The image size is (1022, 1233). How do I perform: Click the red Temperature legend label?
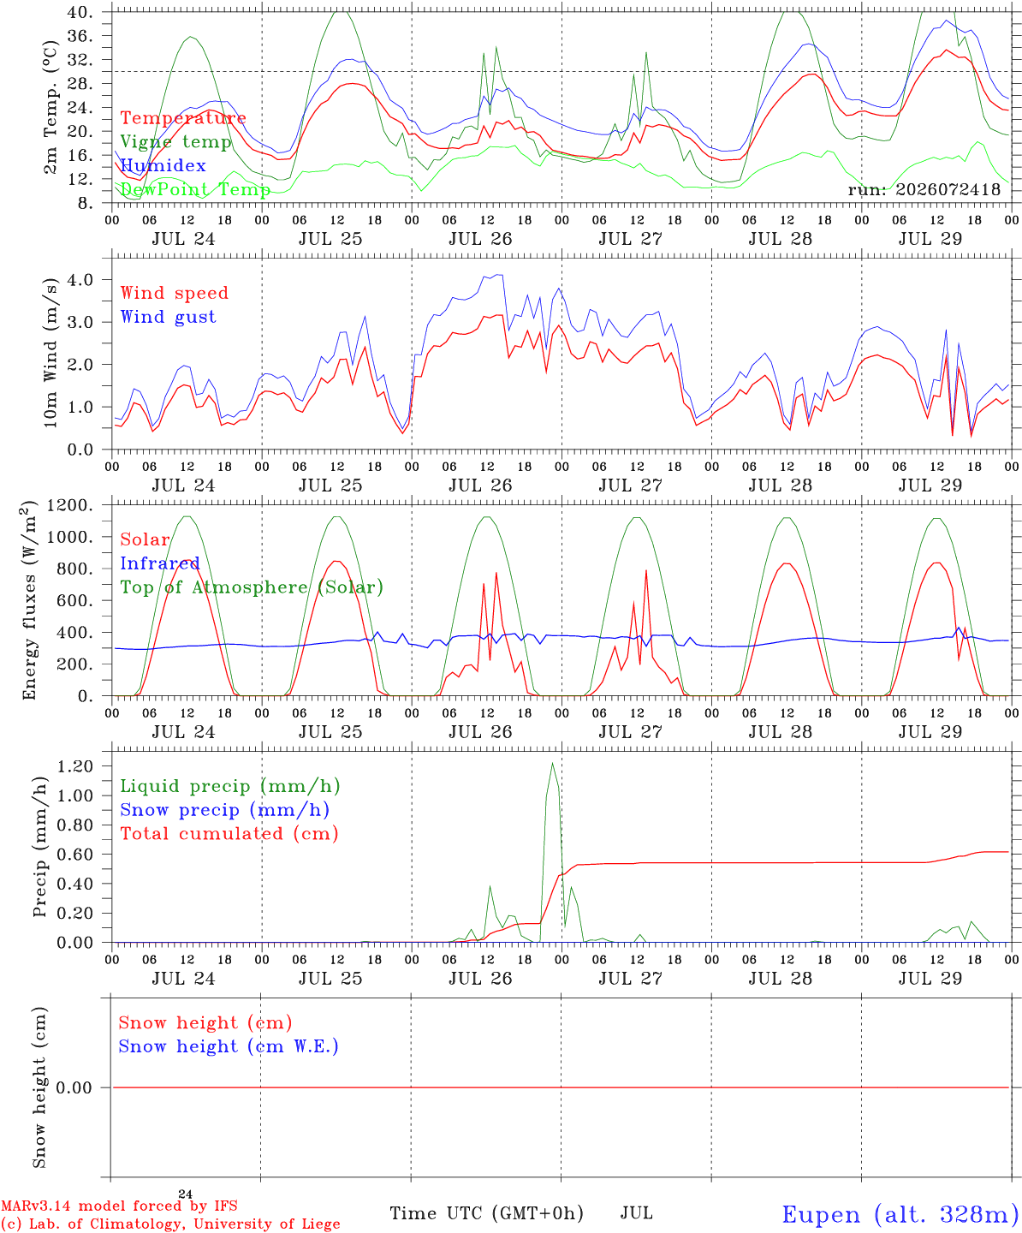[183, 117]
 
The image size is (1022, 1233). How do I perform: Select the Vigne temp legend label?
[176, 142]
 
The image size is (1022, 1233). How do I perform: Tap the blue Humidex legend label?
[163, 165]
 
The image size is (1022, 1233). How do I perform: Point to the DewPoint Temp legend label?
[195, 189]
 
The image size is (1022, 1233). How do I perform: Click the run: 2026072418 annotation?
[924, 189]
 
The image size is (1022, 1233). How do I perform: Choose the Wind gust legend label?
[169, 317]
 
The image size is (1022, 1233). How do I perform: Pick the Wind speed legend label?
[174, 293]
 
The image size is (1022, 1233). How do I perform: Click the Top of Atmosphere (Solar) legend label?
[253, 587]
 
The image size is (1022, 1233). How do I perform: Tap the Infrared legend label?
[160, 563]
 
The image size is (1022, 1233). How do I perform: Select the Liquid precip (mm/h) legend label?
[230, 786]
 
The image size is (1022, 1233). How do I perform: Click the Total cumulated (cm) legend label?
[229, 833]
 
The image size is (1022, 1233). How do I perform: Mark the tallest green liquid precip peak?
[552, 764]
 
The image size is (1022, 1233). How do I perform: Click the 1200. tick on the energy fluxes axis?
[70, 505]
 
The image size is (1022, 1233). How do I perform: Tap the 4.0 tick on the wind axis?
[80, 279]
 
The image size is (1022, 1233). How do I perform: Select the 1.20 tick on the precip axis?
[75, 765]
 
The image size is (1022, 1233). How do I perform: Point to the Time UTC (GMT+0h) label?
[486, 1213]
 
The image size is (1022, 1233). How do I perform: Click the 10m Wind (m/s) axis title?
[51, 352]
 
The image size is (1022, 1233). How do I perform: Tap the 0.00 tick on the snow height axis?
[75, 1087]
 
